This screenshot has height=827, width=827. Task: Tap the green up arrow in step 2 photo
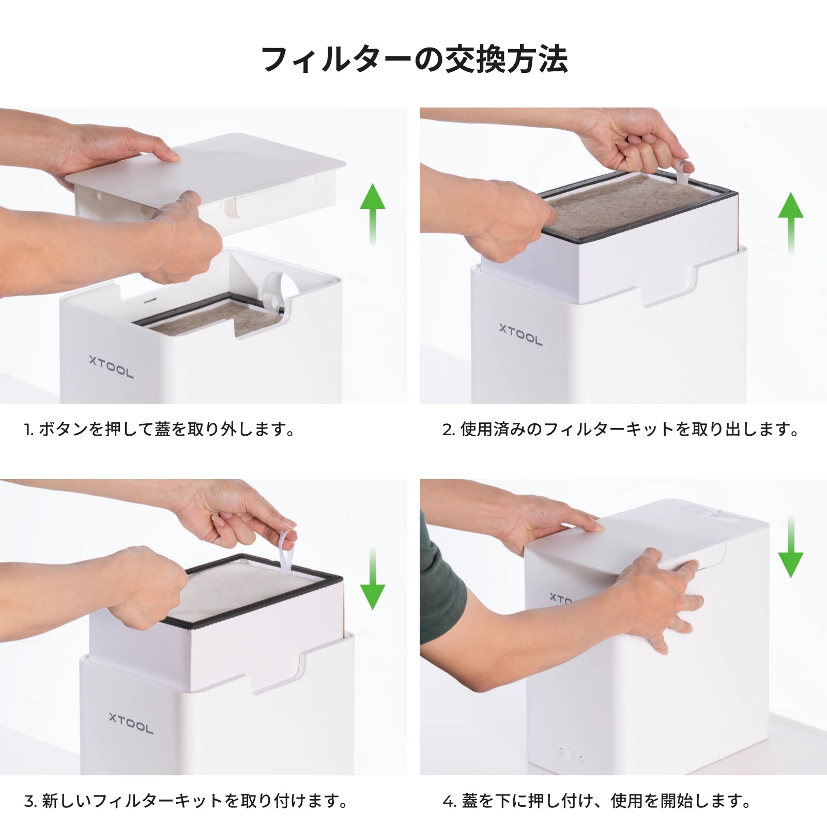point(791,222)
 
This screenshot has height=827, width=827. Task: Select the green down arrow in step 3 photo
point(372,578)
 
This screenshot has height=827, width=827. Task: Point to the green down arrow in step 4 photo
point(791,546)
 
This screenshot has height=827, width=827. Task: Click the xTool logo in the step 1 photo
point(111,366)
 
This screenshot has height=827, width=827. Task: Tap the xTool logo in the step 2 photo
point(520,334)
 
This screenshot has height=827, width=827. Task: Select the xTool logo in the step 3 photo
point(131,723)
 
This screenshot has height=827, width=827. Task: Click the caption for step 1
point(159,429)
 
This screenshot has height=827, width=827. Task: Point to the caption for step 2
point(621,429)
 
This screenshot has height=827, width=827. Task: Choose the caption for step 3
point(186,801)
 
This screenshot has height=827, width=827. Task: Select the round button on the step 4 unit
point(570,756)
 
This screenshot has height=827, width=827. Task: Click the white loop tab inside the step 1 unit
point(274,292)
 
